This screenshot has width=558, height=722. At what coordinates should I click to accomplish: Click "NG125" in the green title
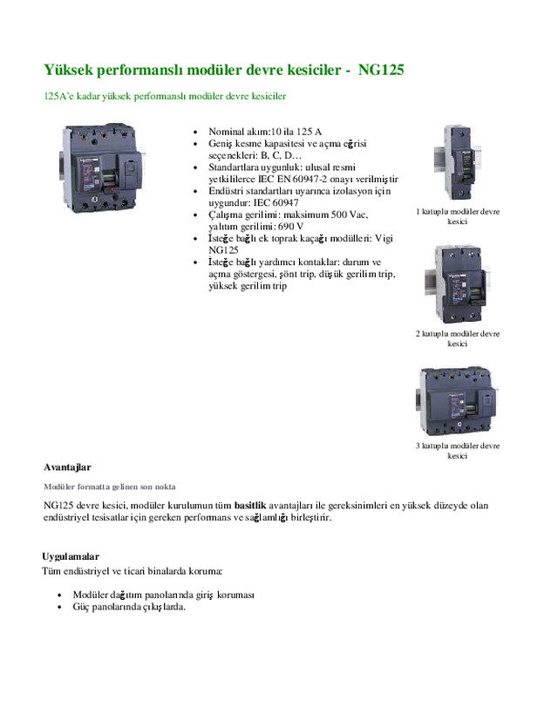click(381, 69)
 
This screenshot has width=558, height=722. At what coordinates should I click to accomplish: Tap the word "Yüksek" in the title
click(71, 69)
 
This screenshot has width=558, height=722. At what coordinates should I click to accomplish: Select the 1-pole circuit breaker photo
click(457, 163)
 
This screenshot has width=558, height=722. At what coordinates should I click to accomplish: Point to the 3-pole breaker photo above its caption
click(457, 400)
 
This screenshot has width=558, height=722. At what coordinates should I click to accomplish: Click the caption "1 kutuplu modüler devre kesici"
click(458, 216)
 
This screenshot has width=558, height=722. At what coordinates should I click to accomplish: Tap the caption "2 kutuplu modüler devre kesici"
click(458, 338)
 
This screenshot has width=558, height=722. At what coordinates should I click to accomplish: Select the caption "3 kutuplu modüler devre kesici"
click(458, 451)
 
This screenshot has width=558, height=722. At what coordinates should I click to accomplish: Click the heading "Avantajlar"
click(67, 467)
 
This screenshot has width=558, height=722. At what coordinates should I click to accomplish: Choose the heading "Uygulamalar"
click(71, 556)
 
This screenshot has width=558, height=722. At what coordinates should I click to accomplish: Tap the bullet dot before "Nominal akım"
click(198, 132)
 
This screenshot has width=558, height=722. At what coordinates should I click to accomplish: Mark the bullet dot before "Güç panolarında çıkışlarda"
click(58, 607)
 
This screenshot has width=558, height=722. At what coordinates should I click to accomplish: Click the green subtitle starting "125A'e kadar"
click(165, 95)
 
